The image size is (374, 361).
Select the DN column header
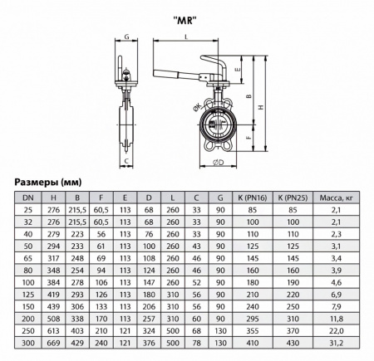click(x=28, y=197)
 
